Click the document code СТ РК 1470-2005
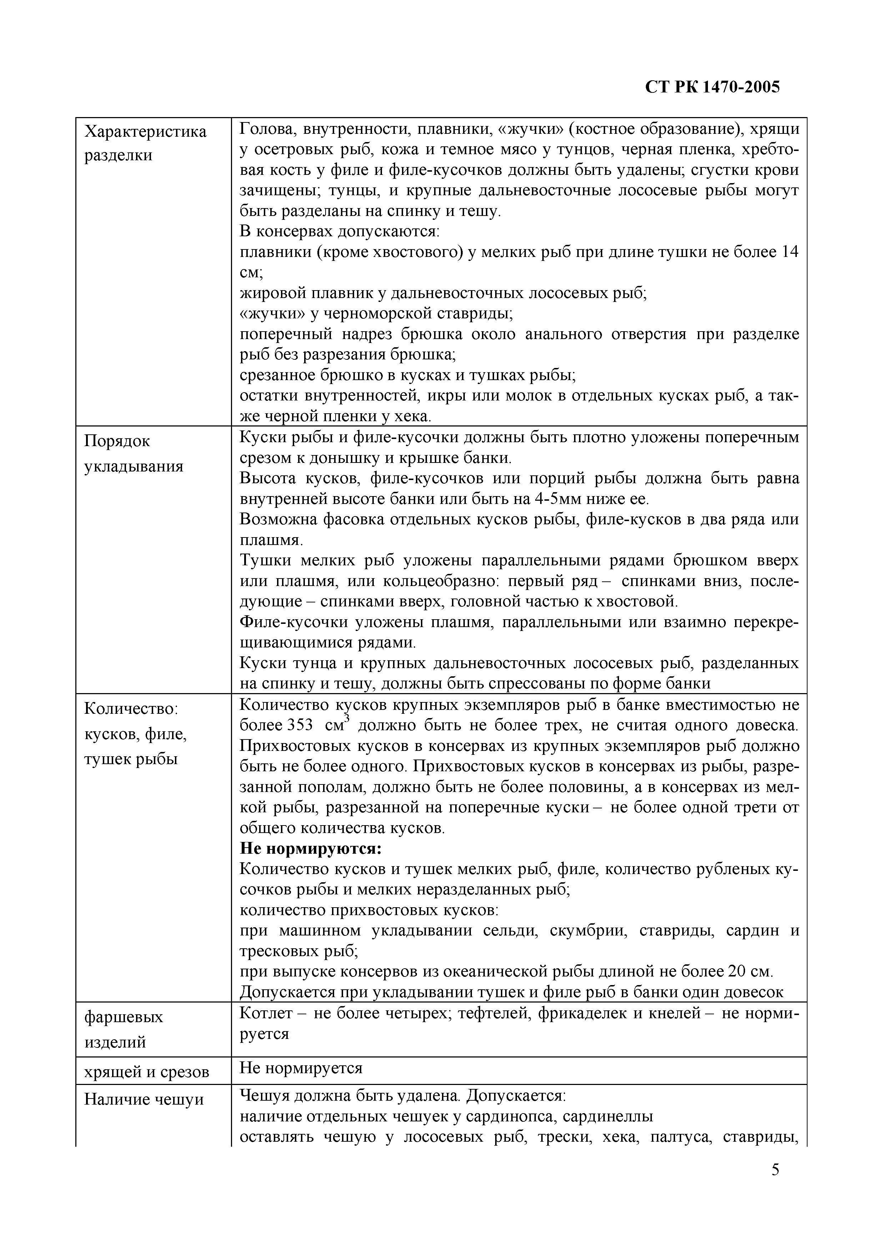pos(712,87)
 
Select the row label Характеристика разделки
pos(146,143)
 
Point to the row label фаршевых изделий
pos(124,1030)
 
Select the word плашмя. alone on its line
pos(271,540)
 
